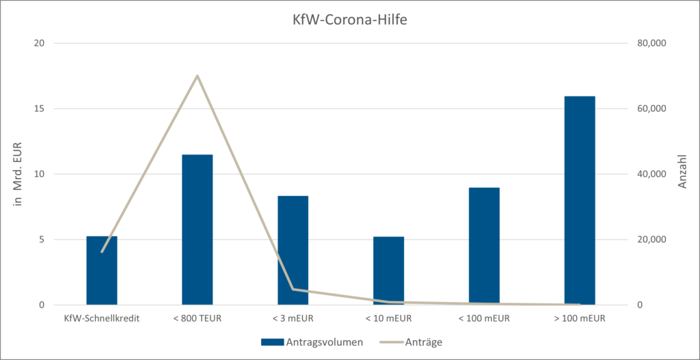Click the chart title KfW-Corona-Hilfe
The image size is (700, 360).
(x=349, y=18)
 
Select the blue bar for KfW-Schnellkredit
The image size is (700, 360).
(x=102, y=271)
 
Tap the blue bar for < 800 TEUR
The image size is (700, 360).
(x=197, y=230)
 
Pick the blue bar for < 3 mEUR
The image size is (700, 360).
(x=293, y=250)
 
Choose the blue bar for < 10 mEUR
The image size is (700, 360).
(x=388, y=271)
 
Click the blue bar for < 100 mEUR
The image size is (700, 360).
(x=484, y=246)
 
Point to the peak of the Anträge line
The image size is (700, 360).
(x=198, y=75)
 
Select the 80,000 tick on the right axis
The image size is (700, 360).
(x=651, y=43)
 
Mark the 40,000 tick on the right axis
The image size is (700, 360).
(x=651, y=174)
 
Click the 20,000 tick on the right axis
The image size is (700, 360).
(x=651, y=240)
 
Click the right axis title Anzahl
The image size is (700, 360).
(x=682, y=174)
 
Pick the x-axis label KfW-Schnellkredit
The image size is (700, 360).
(x=102, y=318)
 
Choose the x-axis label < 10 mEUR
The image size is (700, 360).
(x=388, y=318)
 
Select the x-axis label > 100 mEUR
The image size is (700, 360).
(x=580, y=318)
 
